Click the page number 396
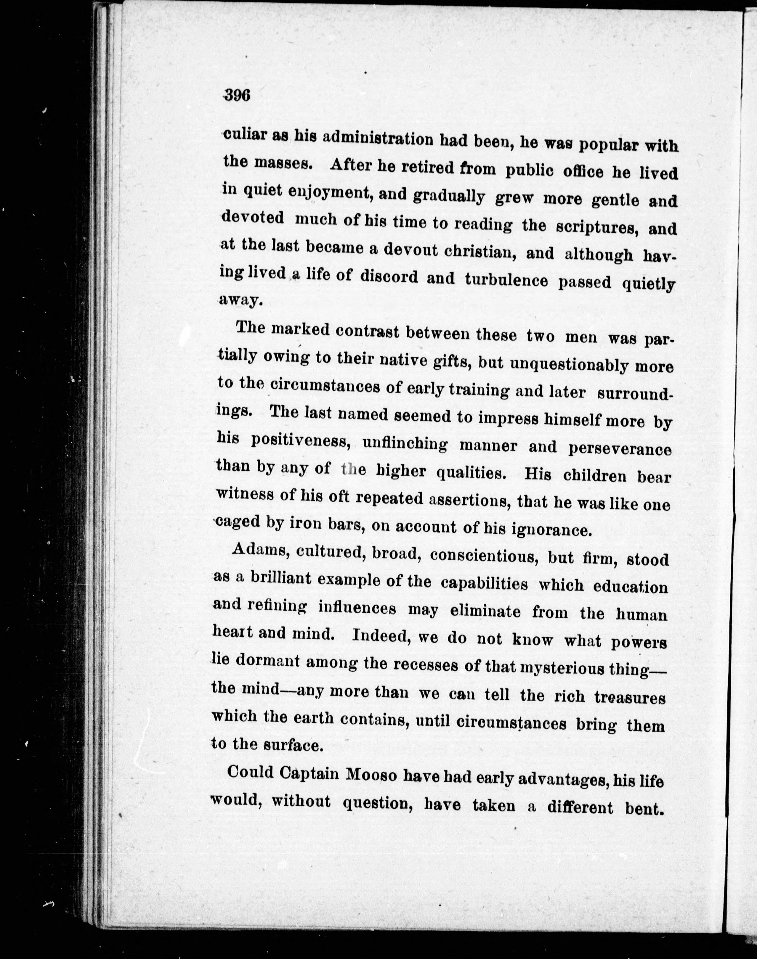coord(238,95)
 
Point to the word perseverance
coord(620,449)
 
